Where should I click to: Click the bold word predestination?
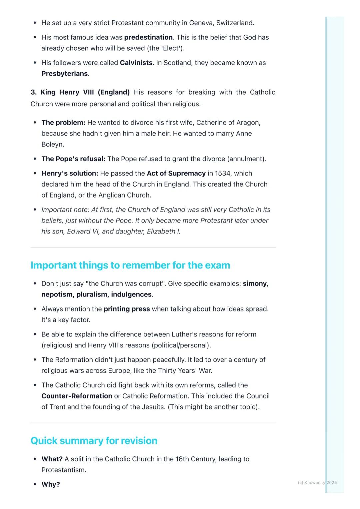point(148,37)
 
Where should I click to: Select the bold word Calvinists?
point(136,63)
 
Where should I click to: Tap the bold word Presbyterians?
point(64,74)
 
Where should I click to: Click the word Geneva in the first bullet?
point(201,23)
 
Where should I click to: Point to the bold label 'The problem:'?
point(63,123)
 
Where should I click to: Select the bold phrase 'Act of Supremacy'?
point(176,174)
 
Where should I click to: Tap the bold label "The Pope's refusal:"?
point(73,159)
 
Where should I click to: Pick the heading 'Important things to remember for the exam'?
point(130,265)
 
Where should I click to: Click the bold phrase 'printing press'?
point(127,309)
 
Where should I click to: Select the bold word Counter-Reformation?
point(77,396)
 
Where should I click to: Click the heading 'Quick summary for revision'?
point(94,441)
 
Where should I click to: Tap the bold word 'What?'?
point(52,459)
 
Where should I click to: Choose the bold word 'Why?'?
point(51,484)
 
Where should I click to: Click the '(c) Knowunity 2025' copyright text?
point(317,483)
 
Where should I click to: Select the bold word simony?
point(255,284)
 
